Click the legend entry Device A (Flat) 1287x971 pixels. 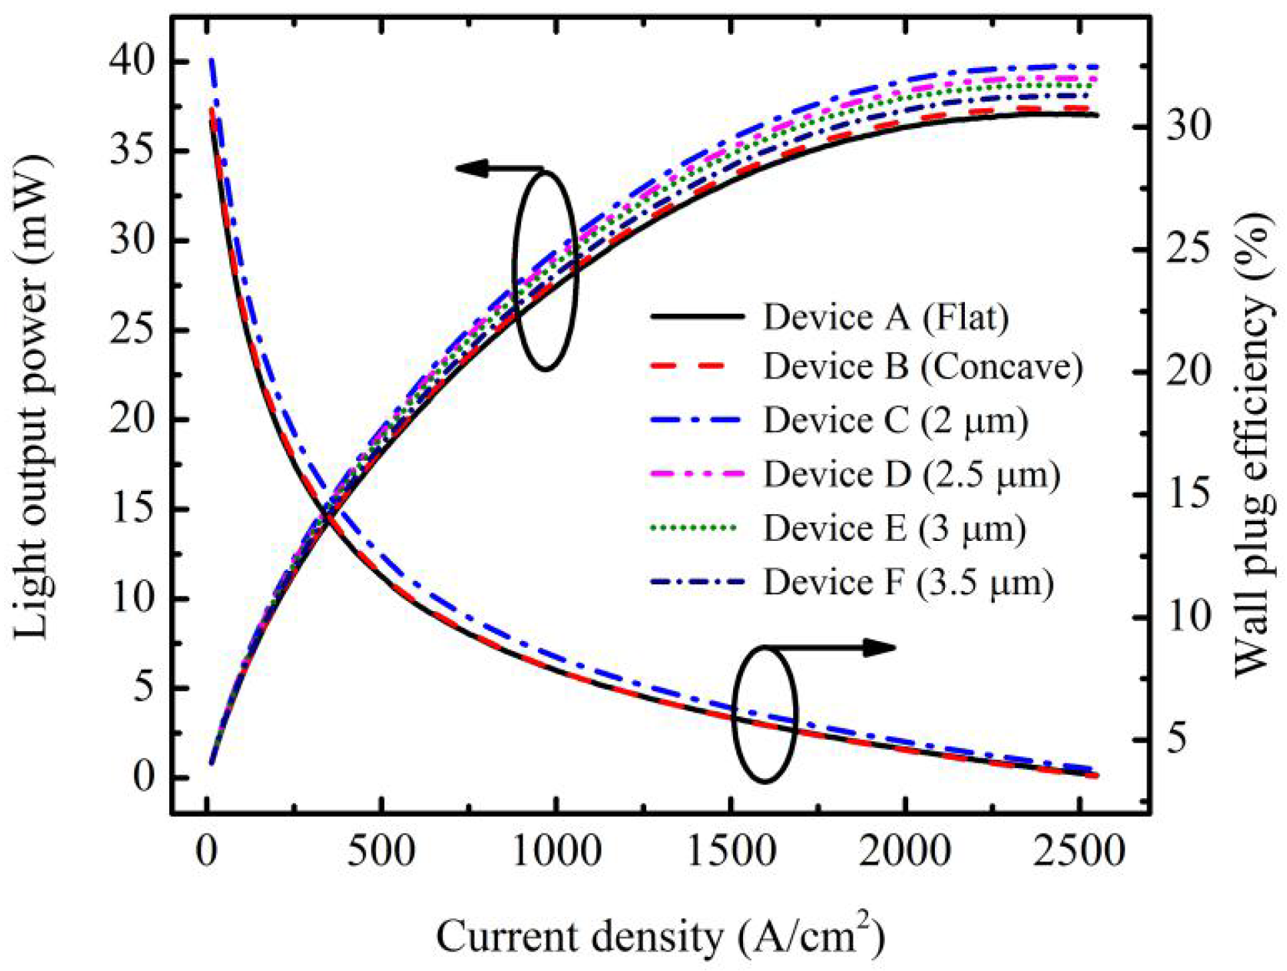[x=885, y=317]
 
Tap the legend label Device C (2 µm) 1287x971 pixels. [x=895, y=420]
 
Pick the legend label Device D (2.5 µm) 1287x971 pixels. [x=911, y=474]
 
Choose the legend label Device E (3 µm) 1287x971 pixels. [x=894, y=528]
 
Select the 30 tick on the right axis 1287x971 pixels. [x=1188, y=126]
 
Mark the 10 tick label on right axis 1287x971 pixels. [x=1188, y=616]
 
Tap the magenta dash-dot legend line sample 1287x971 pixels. [x=695, y=473]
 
